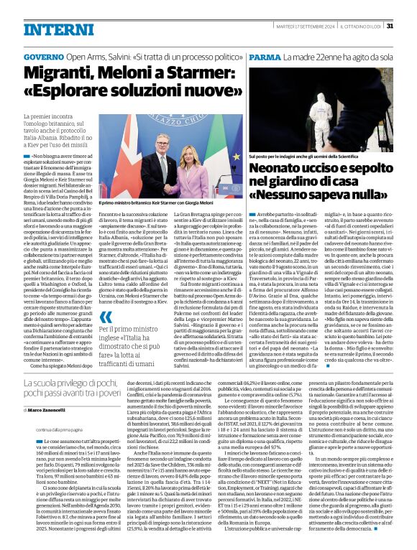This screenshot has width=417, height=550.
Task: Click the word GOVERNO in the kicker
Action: click(x=43, y=56)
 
